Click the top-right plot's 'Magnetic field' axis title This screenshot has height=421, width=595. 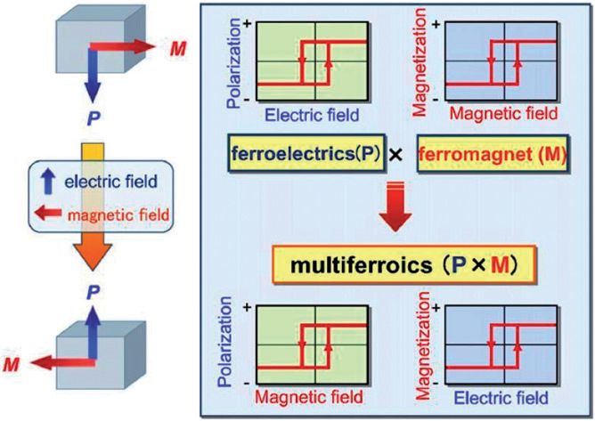[x=503, y=113]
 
